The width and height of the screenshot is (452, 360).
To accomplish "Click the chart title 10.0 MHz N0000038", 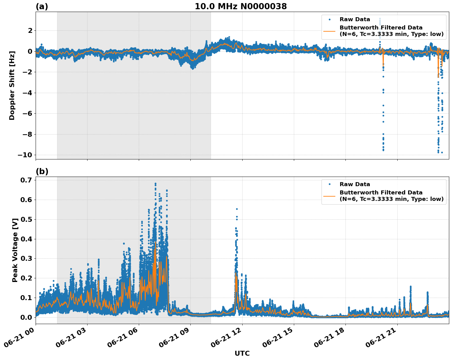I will tap(241, 6).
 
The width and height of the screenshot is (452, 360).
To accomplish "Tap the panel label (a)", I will tap(42, 6).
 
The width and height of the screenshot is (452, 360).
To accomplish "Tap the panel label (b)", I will tap(42, 171).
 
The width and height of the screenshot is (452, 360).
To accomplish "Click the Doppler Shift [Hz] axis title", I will tap(12, 85).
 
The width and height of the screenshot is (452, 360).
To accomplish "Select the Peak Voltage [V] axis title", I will tap(15, 250).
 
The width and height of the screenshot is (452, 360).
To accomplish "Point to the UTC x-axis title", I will tap(242, 353).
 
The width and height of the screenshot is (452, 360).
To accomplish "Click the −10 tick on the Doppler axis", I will tap(25, 155).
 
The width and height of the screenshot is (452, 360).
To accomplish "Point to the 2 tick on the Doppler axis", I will tap(30, 30).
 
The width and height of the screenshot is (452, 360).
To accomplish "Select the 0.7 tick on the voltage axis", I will tap(26, 180).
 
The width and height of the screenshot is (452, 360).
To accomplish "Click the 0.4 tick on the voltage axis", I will tap(26, 239).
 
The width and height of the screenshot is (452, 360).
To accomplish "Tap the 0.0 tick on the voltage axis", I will tap(26, 317).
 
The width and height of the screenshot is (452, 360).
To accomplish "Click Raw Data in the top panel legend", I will tap(355, 19).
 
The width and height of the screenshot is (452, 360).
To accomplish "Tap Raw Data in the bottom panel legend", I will tap(355, 184).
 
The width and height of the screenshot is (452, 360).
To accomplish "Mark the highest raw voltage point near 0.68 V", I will tap(156, 184).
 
